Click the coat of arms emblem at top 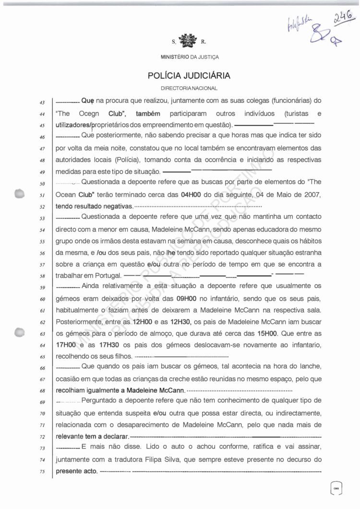(184, 40)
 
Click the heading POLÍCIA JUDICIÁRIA (189, 76)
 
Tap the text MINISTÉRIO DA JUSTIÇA (190, 57)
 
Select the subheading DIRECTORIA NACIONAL (189, 88)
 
